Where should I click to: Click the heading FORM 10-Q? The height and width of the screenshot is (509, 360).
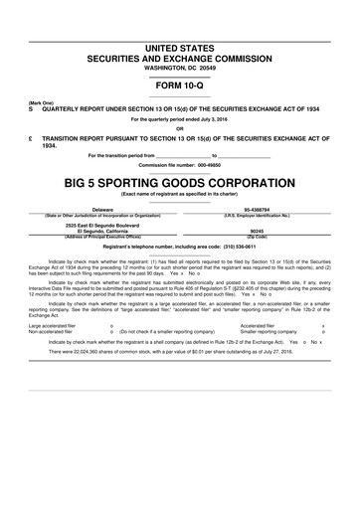(179, 86)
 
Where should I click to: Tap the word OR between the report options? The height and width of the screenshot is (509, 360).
(179, 127)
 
